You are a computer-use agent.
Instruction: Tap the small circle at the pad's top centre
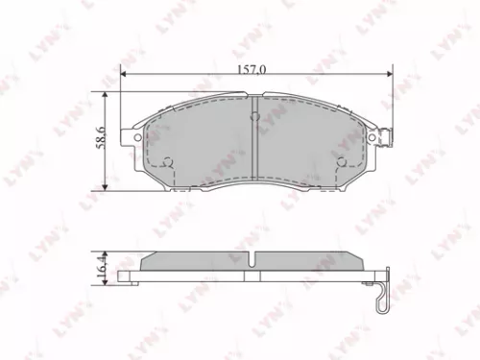click(254, 117)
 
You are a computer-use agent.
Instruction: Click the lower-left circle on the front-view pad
click(169, 160)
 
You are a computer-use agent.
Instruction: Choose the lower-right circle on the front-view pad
click(341, 160)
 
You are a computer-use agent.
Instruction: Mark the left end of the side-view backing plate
click(121, 277)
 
